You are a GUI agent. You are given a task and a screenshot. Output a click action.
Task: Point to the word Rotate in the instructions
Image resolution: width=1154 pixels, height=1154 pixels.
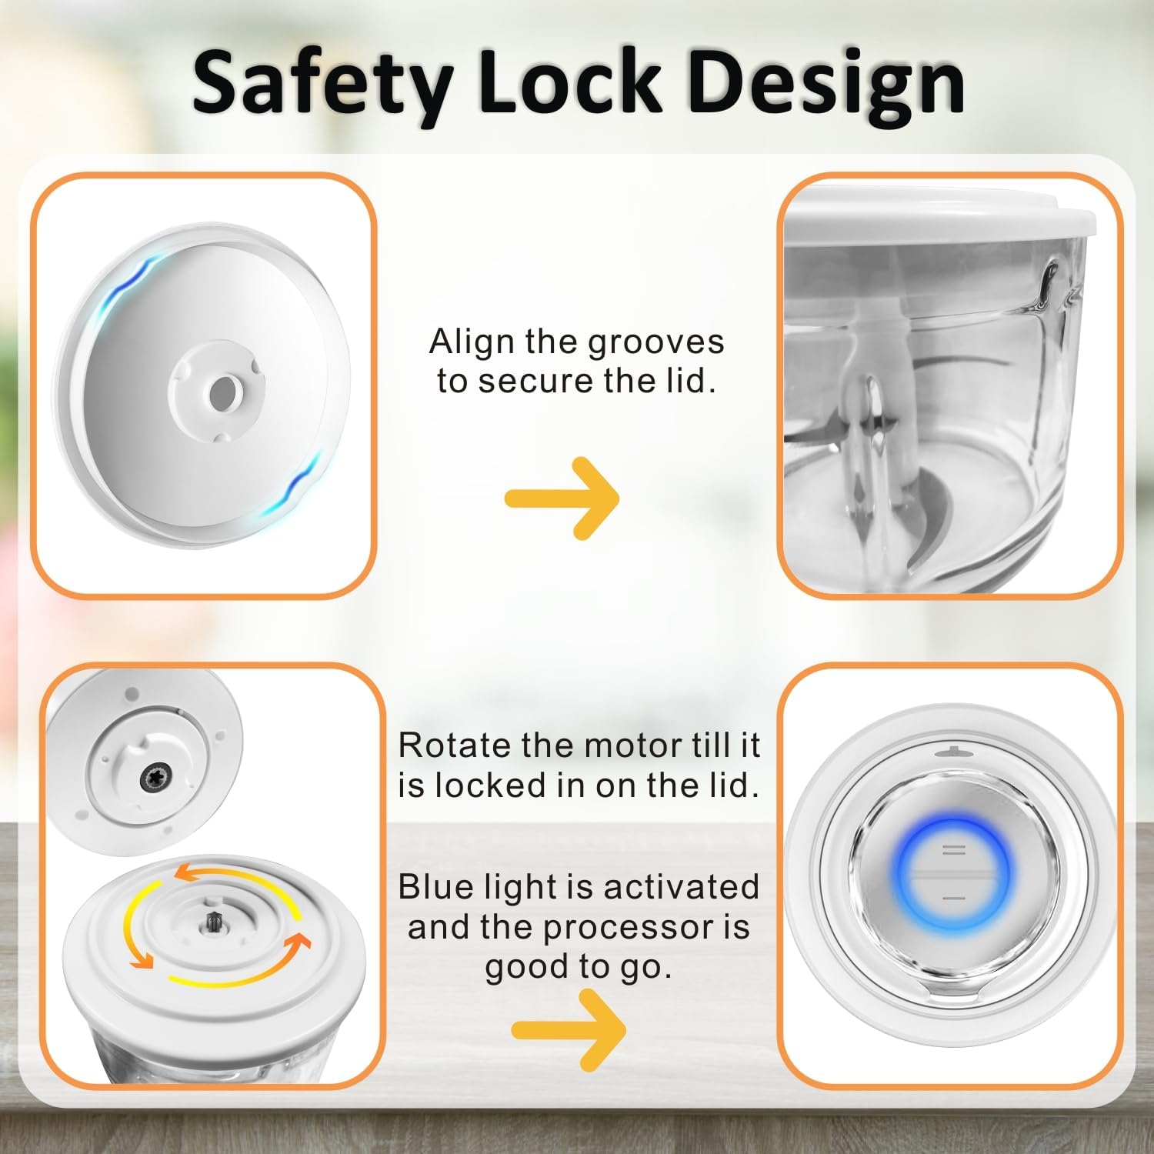tap(455, 745)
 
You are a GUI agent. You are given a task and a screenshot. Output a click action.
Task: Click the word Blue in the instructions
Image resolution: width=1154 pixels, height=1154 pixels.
tap(436, 887)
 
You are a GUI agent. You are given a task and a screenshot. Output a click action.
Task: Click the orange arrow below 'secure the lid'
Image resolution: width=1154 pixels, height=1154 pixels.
tap(562, 498)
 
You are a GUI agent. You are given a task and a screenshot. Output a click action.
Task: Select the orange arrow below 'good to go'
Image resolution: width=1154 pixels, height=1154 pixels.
tap(569, 1029)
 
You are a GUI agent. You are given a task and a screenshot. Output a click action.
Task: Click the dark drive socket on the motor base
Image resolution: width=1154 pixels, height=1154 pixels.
tap(152, 780)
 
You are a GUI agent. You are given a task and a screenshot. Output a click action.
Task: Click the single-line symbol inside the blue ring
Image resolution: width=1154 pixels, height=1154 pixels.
tap(953, 898)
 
